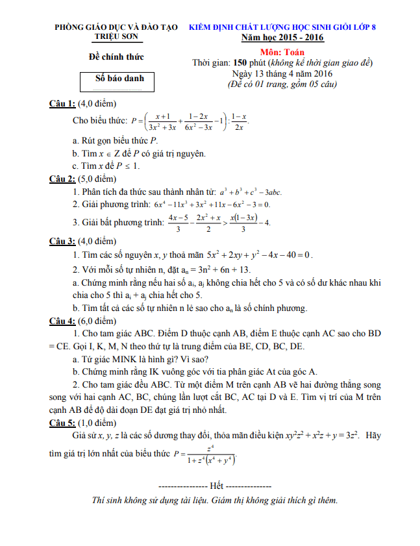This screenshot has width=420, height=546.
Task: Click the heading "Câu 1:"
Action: pyautogui.click(x=62, y=104)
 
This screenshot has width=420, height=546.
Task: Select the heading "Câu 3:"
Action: pyautogui.click(x=62, y=242)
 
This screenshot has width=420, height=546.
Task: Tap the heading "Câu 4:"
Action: pyautogui.click(x=62, y=321)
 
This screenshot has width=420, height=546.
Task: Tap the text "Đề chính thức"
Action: pyautogui.click(x=116, y=56)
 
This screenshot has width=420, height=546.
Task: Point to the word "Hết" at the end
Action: pyautogui.click(x=216, y=486)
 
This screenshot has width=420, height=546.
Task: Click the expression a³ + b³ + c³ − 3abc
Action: pyautogui.click(x=251, y=192)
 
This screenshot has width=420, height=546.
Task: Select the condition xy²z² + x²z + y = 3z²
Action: pyautogui.click(x=312, y=435)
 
